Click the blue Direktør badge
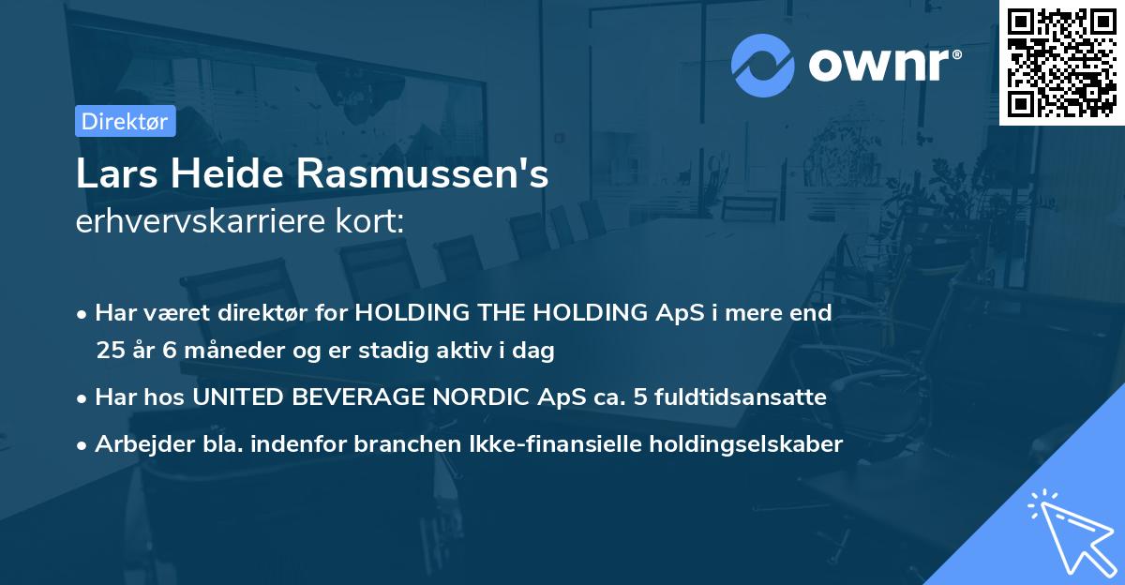(125, 121)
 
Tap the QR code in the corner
(1062, 62)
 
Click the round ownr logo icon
(763, 66)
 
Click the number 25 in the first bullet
(110, 352)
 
